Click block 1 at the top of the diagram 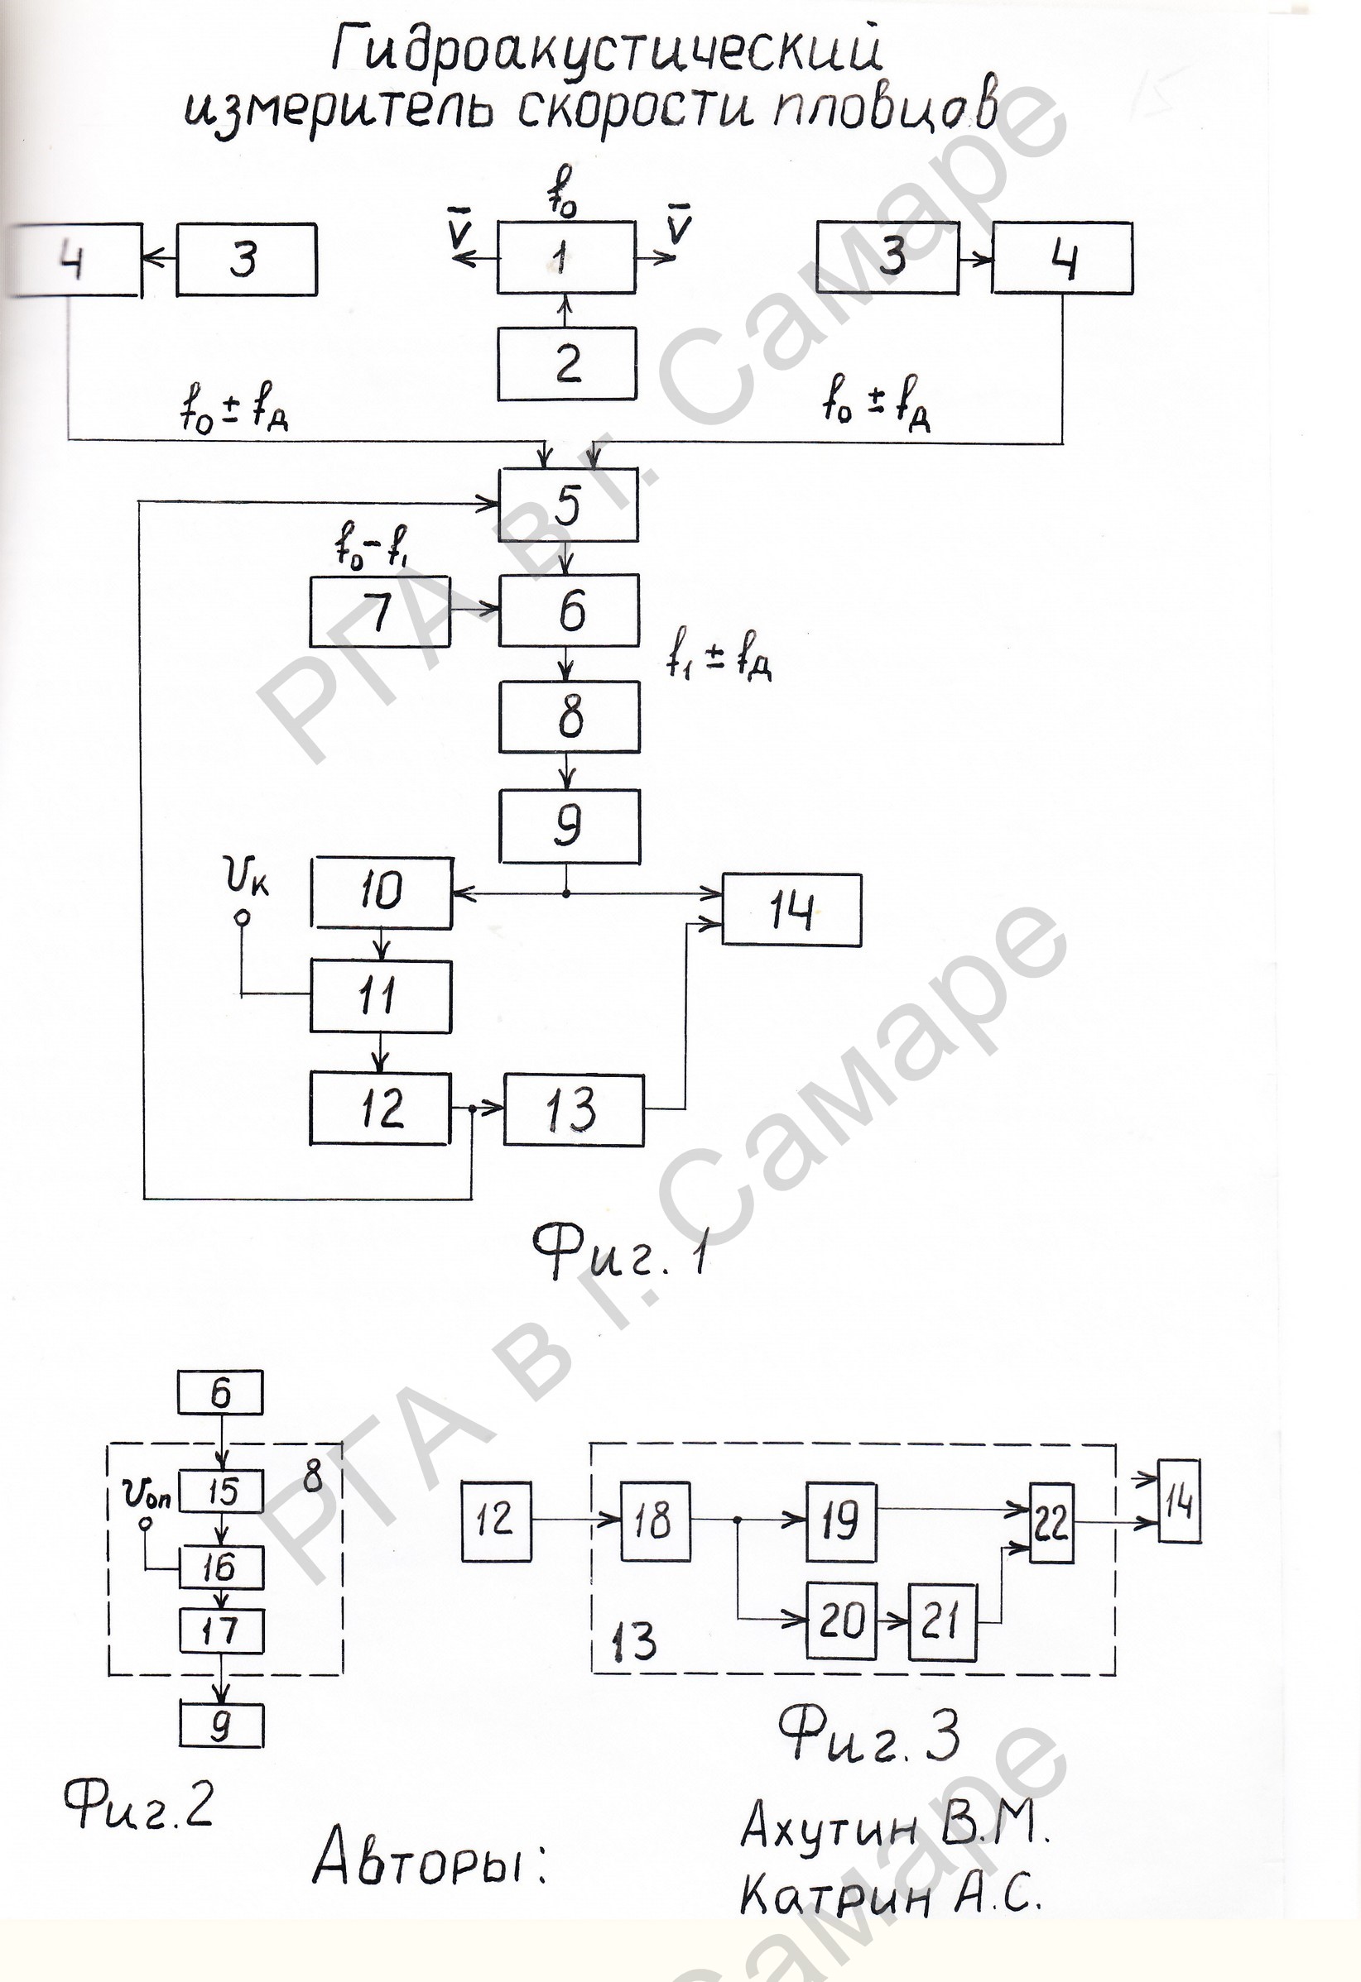click(x=566, y=257)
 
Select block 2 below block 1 click(x=566, y=363)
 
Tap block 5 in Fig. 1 click(x=568, y=504)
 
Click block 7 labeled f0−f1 click(x=380, y=610)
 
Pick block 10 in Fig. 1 click(x=382, y=892)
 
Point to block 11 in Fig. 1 click(x=381, y=997)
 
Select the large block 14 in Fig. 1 click(x=792, y=910)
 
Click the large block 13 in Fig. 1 click(x=574, y=1109)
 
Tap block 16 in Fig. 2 click(x=221, y=1567)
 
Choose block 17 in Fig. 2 click(x=221, y=1631)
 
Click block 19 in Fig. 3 click(x=841, y=1522)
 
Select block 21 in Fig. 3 click(x=942, y=1621)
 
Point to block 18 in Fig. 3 click(x=656, y=1521)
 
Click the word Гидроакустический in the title click(x=607, y=50)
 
